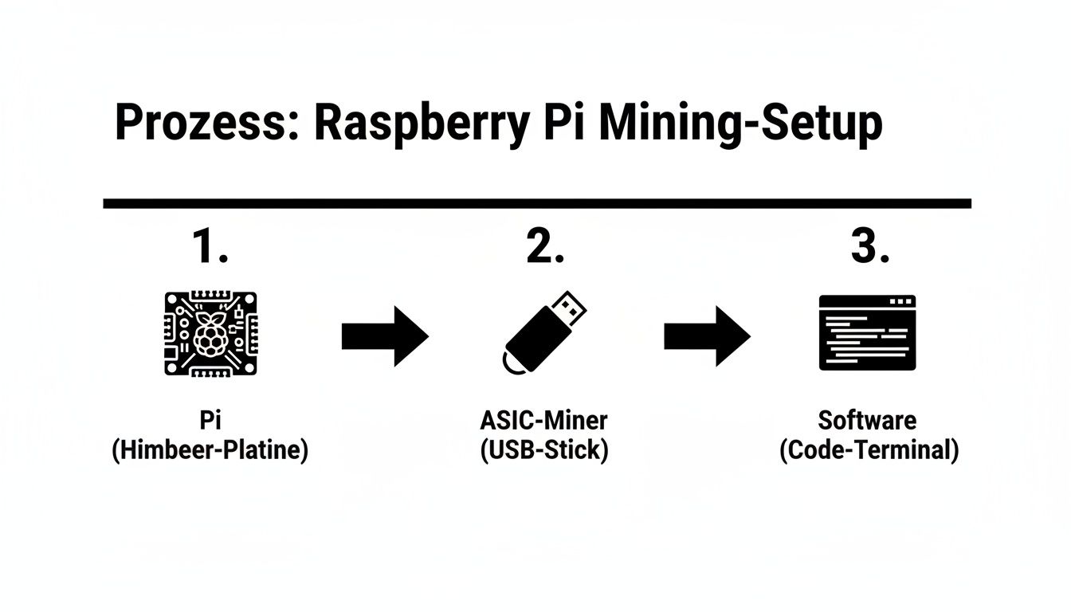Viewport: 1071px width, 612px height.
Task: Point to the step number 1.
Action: click(210, 248)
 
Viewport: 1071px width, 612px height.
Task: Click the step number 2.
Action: click(545, 248)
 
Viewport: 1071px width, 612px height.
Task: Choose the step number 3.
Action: click(869, 248)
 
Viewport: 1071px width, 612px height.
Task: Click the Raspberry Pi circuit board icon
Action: click(210, 333)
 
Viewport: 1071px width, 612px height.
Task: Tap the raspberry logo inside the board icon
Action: click(210, 334)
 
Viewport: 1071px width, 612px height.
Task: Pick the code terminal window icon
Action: click(868, 333)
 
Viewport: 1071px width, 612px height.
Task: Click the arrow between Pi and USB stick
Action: click(385, 336)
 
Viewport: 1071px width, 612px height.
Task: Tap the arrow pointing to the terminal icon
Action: click(707, 336)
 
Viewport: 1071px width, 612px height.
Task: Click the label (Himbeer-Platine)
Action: click(210, 450)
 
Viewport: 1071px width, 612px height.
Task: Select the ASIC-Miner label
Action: click(544, 421)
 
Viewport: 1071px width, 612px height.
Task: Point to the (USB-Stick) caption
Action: click(544, 450)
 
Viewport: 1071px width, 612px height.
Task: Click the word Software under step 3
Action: click(868, 421)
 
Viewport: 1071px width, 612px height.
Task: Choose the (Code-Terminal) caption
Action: click(869, 450)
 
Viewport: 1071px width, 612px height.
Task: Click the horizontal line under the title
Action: click(536, 204)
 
